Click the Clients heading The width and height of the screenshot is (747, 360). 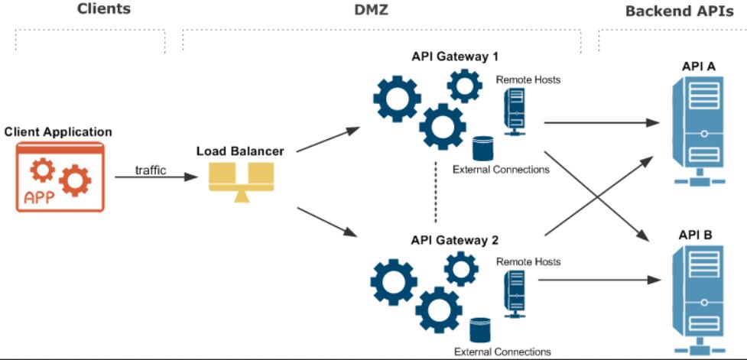(103, 8)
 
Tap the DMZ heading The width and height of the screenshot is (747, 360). (372, 8)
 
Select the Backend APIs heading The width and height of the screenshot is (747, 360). (680, 11)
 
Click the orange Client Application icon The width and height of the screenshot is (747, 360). (60, 177)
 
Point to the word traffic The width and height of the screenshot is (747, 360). (151, 170)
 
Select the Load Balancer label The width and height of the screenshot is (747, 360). (240, 151)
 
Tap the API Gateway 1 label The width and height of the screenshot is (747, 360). (454, 57)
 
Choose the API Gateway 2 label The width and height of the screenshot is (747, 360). (454, 240)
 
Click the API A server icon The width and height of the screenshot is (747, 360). (700, 131)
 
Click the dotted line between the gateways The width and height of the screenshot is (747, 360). (436, 193)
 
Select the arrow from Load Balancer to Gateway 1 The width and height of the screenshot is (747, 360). (328, 140)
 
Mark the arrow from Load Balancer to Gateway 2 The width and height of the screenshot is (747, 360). (326, 222)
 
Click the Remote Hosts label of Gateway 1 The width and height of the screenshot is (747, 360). (528, 79)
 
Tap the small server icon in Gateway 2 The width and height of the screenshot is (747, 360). (515, 294)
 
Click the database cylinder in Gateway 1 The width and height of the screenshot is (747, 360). (482, 148)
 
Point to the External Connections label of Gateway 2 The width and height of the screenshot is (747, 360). (502, 352)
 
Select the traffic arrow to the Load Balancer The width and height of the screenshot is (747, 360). (156, 177)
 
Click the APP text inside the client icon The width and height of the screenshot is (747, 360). (39, 198)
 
